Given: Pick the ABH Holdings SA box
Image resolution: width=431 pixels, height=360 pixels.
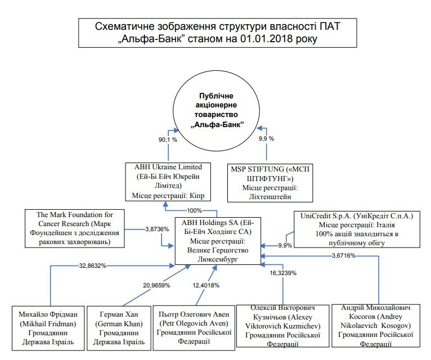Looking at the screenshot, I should (x=218, y=240).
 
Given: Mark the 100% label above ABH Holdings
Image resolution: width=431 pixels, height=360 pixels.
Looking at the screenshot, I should (x=195, y=210).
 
